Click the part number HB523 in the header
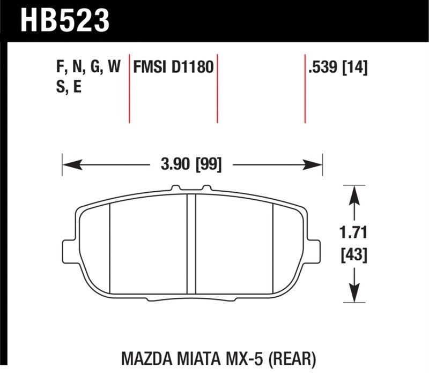tap(65, 21)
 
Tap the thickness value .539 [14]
tap(338, 67)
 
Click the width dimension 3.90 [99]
tap(191, 165)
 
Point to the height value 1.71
tap(353, 232)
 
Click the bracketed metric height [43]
tap(354, 255)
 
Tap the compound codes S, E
tap(69, 87)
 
